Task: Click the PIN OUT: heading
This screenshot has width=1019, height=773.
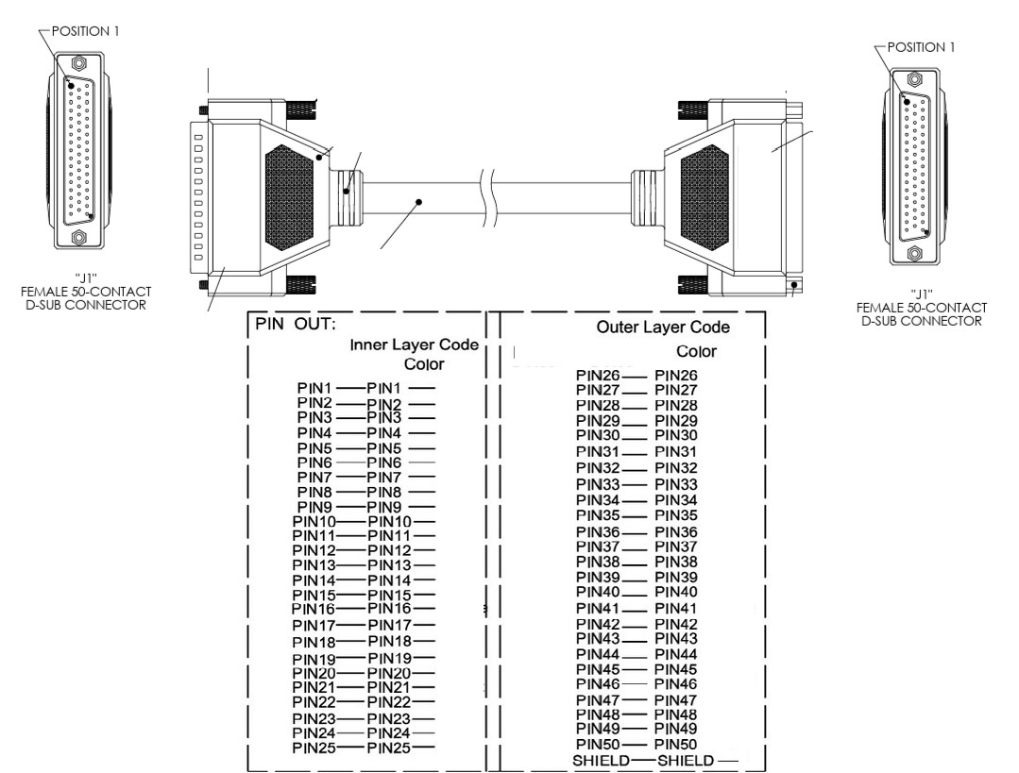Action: pyautogui.click(x=295, y=324)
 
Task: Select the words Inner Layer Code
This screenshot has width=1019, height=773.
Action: pyautogui.click(x=414, y=344)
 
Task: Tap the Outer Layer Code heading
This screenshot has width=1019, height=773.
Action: pyautogui.click(x=663, y=327)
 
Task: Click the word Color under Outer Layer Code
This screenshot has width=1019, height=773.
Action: pyautogui.click(x=696, y=351)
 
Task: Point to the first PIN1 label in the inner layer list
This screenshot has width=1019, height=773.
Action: pyautogui.click(x=314, y=389)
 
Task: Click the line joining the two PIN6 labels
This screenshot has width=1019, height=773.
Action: pyautogui.click(x=349, y=462)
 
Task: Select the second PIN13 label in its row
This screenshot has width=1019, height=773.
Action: pyautogui.click(x=389, y=565)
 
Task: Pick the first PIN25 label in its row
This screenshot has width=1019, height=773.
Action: pyautogui.click(x=314, y=748)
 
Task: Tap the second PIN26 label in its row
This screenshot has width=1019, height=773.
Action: pyautogui.click(x=676, y=376)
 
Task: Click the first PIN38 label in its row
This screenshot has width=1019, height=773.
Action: pyautogui.click(x=598, y=562)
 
